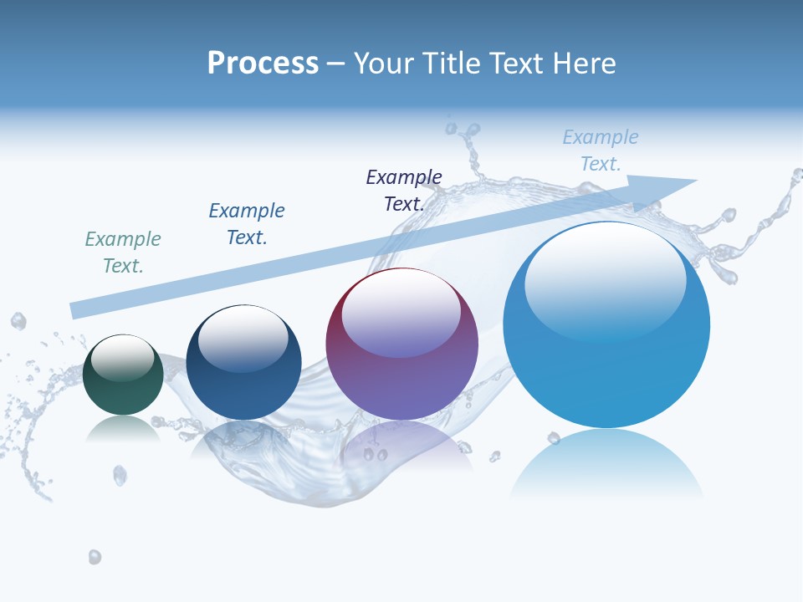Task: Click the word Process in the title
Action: point(263,63)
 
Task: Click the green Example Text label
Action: point(123,253)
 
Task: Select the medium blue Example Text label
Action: point(247,224)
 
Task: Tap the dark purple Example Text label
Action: point(404,191)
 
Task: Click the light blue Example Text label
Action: point(601,150)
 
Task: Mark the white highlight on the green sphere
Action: point(123,357)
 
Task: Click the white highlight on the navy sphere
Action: point(243,337)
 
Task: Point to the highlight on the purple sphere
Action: point(401,312)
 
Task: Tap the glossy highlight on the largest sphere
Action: point(606,280)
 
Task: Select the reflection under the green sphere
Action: point(123,429)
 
